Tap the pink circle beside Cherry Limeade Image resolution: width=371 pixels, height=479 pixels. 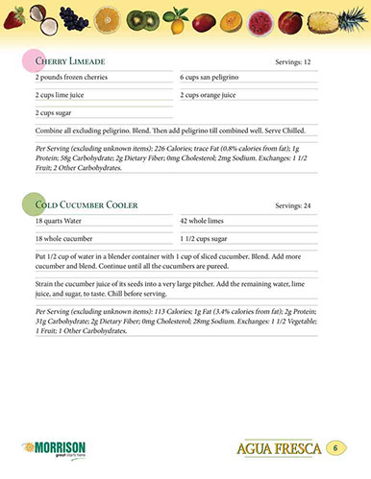pos(32,60)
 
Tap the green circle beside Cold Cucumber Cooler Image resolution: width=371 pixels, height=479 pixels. pos(32,204)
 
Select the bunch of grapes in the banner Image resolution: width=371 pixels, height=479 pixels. pos(73,16)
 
